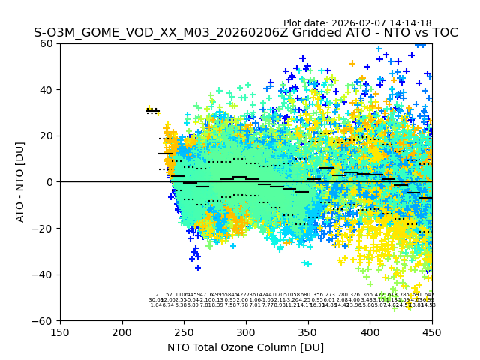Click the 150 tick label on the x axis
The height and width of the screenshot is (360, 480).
[x=60, y=331]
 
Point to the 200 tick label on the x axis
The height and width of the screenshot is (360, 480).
[x=122, y=331]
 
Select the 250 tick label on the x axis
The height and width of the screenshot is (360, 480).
[x=184, y=331]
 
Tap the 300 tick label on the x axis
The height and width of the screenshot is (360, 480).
[x=246, y=331]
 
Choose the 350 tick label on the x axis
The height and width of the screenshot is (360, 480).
[x=308, y=331]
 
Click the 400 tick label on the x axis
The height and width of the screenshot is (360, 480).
[x=370, y=331]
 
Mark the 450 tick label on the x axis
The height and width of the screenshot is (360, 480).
[x=432, y=331]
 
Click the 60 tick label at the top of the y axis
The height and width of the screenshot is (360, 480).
[x=46, y=43]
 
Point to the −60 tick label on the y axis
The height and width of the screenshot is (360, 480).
[x=43, y=320]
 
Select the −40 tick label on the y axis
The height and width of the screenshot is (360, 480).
[x=43, y=274]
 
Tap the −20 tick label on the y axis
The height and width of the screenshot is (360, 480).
[x=43, y=228]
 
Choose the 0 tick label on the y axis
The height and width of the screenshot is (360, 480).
[x=49, y=182]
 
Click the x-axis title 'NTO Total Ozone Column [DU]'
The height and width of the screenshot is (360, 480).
[x=246, y=347]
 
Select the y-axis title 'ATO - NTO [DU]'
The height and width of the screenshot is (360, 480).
[x=20, y=182]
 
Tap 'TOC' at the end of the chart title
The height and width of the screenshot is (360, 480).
[x=445, y=33]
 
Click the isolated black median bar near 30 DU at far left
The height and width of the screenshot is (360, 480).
[x=153, y=112]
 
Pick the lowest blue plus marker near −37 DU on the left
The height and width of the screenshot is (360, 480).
[x=198, y=268]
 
